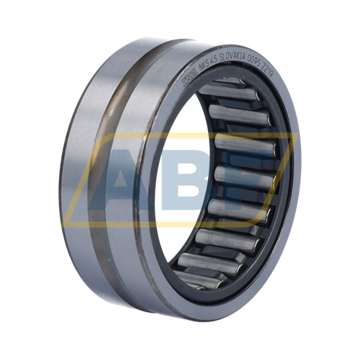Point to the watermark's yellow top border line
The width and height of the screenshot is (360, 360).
point(180,135)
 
